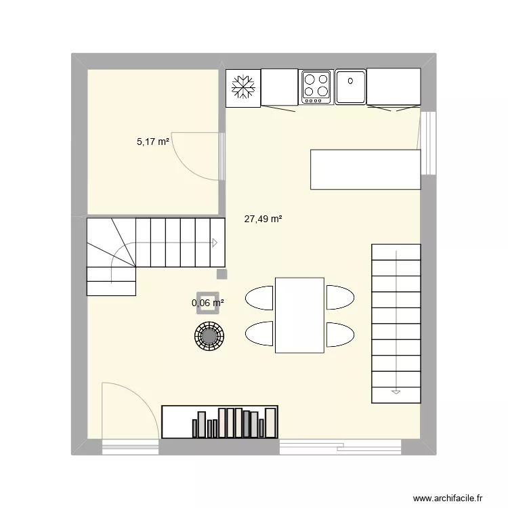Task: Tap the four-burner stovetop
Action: tap(316, 87)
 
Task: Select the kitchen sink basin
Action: tap(351, 87)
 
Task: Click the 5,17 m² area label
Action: tap(153, 142)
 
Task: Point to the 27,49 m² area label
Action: tap(263, 219)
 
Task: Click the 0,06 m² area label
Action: tap(208, 303)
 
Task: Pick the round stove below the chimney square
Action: tap(209, 335)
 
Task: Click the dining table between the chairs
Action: tap(299, 315)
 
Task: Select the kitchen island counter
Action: tap(365, 169)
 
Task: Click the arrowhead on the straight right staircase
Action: tap(395, 391)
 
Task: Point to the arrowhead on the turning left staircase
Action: tap(215, 242)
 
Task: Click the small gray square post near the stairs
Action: tap(221, 274)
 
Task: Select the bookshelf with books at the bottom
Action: tap(219, 422)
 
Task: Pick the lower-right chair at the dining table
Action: tap(341, 334)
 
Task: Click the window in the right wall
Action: tap(427, 142)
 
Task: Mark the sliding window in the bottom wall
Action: tap(341, 446)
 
